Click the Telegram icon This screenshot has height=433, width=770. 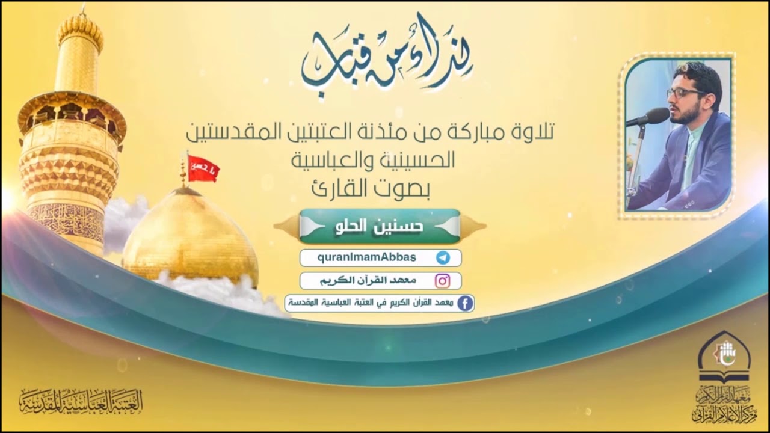pyautogui.click(x=443, y=258)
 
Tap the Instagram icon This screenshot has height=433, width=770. pyautogui.click(x=443, y=281)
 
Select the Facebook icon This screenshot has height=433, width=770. pyautogui.click(x=464, y=304)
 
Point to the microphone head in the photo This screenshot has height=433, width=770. pyautogui.click(x=658, y=115)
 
